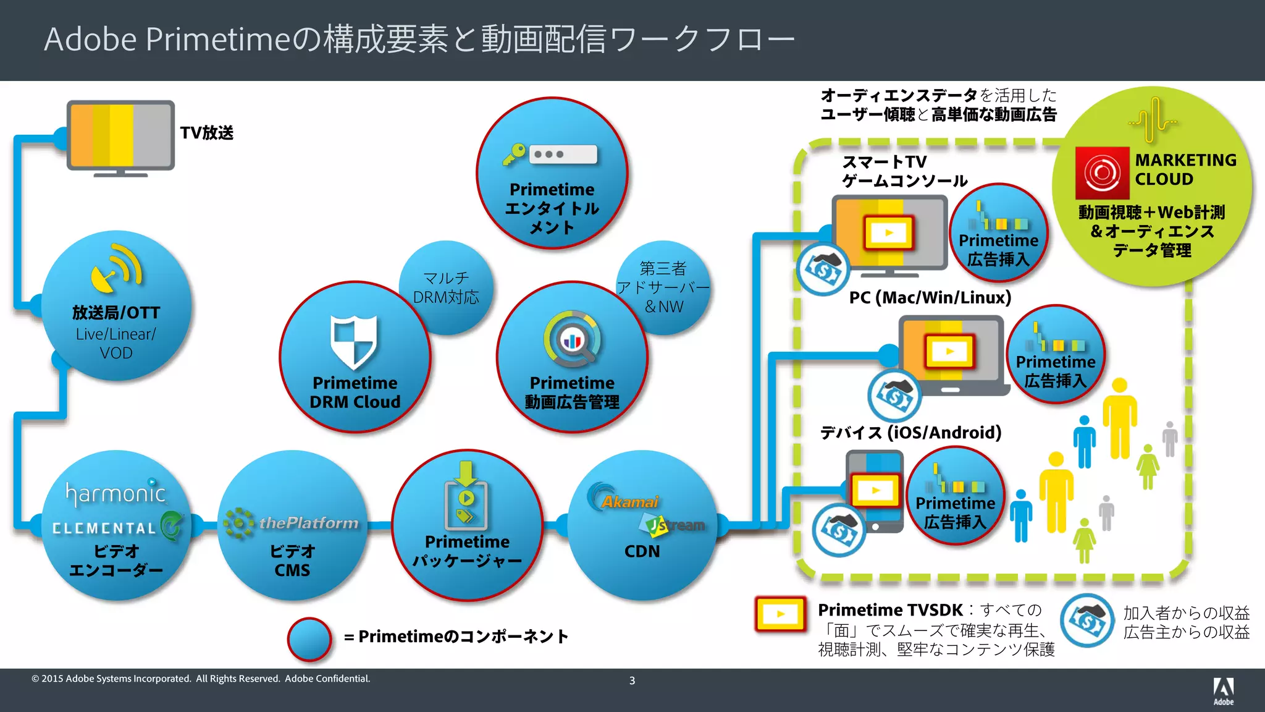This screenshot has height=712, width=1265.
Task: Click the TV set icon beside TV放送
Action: pos(120,137)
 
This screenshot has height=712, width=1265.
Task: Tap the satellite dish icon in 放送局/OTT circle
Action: pos(116,269)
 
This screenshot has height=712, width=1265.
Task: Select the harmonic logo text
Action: pos(116,493)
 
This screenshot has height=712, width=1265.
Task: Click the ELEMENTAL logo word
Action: pos(104,528)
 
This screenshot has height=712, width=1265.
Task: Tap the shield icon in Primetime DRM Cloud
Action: pos(353,341)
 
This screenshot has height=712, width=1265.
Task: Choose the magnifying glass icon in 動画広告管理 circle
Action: pos(573,339)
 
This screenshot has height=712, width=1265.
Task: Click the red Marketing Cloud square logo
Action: pos(1102,173)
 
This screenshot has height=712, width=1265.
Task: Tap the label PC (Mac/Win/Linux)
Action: pos(930,298)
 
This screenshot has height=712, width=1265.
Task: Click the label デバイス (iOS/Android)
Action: pos(910,433)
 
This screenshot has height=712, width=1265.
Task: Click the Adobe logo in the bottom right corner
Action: pos(1223,690)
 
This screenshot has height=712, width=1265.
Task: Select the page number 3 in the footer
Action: pos(632,680)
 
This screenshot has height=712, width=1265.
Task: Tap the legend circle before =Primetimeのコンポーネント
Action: pos(309,638)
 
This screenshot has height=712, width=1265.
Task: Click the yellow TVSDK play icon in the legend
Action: pos(781,614)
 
